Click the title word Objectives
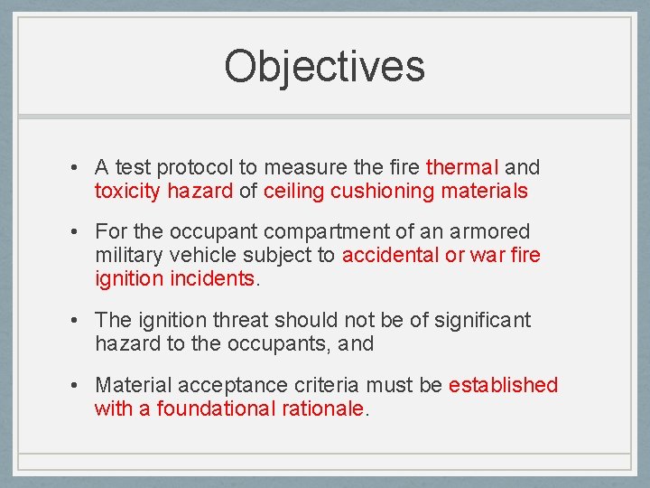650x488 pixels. (324, 66)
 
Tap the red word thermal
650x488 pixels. (462, 167)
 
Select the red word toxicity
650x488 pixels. (127, 191)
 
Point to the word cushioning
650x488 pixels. (383, 191)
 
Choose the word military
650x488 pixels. (125, 256)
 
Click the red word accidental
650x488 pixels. (390, 256)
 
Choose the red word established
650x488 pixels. (504, 385)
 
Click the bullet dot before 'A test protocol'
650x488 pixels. (79, 168)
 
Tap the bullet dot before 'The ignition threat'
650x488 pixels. (79, 321)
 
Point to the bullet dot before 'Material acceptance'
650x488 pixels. (79, 386)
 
